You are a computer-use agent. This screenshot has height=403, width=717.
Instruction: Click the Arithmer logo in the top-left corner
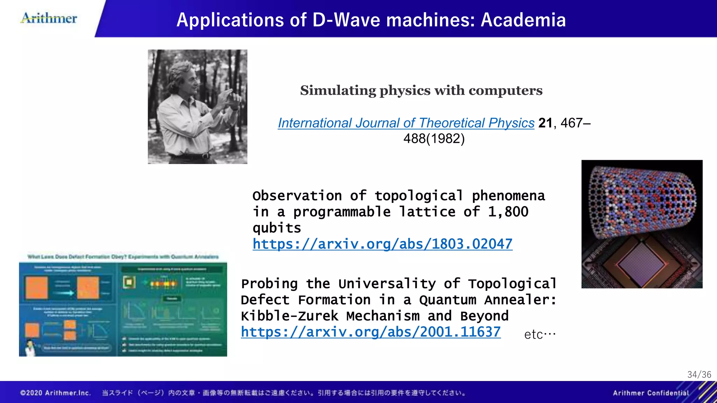49,18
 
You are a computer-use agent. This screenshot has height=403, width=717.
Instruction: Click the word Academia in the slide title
523,20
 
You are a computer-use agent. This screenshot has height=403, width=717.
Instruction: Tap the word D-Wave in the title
346,20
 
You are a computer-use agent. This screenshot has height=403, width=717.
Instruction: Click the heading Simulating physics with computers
421,91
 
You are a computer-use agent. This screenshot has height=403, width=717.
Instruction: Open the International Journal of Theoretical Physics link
406,123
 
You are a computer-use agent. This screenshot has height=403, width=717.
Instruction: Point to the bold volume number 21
545,123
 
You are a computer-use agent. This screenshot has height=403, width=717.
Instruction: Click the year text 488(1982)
434,139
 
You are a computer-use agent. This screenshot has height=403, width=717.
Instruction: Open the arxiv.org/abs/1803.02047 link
382,244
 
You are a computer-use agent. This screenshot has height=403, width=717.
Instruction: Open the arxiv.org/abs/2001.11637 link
370,332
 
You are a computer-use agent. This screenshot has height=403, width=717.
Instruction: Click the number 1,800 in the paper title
508,212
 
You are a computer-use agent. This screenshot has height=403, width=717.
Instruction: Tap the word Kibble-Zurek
289,316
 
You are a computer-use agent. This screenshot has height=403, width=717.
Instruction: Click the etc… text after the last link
540,334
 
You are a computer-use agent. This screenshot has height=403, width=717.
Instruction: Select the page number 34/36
699,375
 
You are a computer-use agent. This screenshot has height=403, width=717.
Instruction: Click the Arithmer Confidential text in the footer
650,393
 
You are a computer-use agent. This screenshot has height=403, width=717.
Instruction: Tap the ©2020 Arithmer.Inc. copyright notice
56,393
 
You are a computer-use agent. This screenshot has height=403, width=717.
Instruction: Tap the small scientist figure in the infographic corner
30,348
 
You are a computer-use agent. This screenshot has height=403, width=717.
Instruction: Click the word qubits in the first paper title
277,228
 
